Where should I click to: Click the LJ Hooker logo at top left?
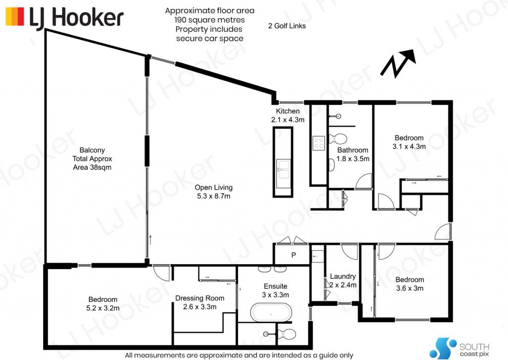[x=64, y=17]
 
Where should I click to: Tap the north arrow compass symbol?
[x=398, y=64]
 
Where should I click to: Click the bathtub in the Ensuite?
[x=271, y=312]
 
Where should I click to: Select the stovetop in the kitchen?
[x=318, y=143]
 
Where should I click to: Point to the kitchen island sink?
[x=283, y=169]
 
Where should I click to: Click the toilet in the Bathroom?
[x=337, y=139]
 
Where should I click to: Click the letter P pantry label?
[x=294, y=255]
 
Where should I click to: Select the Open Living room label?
[x=213, y=192]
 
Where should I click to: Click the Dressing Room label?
[x=199, y=302]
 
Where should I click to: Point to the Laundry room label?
[x=343, y=281]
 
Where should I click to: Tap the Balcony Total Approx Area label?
[x=92, y=158]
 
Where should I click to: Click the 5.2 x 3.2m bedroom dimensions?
[x=103, y=308]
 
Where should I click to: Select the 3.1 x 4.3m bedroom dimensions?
[x=409, y=146]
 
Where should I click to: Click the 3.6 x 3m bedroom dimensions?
[x=409, y=288]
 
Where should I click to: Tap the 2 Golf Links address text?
[x=287, y=26]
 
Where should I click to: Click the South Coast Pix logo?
[x=459, y=348]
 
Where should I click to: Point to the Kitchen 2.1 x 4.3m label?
[x=288, y=116]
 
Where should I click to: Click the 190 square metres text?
[x=210, y=20]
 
